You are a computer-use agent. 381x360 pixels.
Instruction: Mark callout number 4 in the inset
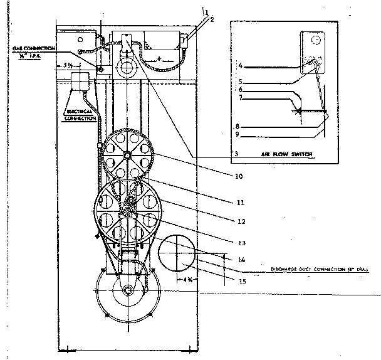pos(240,65)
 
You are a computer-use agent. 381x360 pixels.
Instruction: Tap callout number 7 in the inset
pos(240,98)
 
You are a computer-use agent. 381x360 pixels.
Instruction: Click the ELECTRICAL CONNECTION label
pos(81,115)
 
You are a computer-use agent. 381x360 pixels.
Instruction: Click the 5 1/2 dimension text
pos(70,65)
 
